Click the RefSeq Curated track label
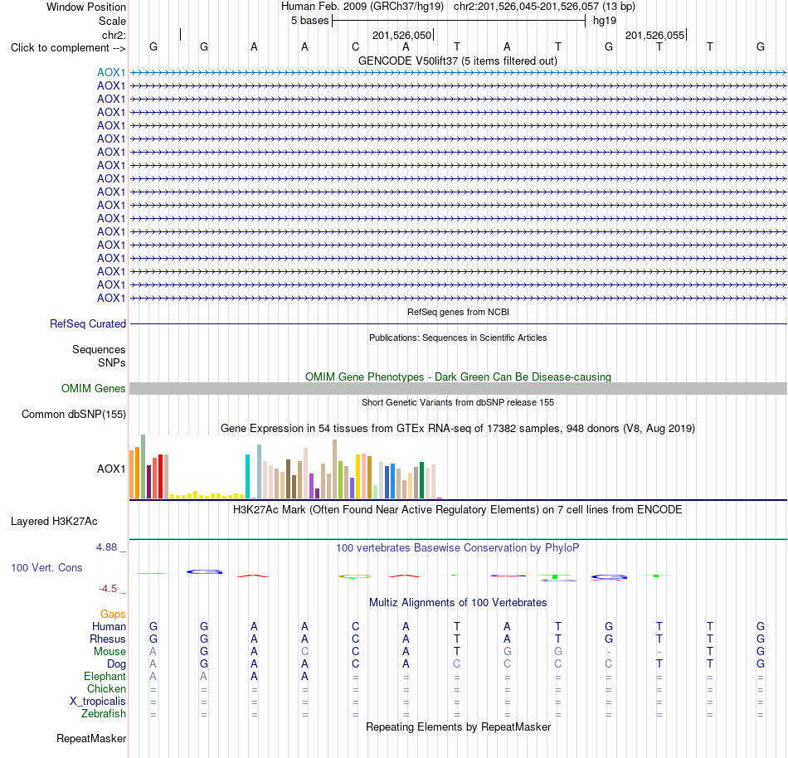click(x=87, y=324)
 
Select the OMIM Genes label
click(x=93, y=388)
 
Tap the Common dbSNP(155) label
click(x=73, y=415)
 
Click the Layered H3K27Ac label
click(x=54, y=522)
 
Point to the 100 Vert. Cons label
click(x=46, y=567)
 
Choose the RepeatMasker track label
click(x=91, y=738)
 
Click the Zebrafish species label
click(x=104, y=714)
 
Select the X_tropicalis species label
click(x=98, y=702)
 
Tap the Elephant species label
click(x=105, y=676)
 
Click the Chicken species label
click(x=106, y=688)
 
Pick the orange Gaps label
click(x=113, y=614)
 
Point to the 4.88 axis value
click(x=106, y=547)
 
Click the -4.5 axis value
click(x=108, y=588)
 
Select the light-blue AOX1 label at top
click(x=111, y=72)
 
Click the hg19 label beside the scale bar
click(x=605, y=21)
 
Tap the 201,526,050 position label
click(x=401, y=35)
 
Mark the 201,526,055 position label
click(x=654, y=35)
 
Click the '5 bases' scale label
click(x=309, y=21)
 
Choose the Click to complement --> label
click(x=68, y=48)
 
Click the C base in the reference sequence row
click(x=355, y=46)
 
